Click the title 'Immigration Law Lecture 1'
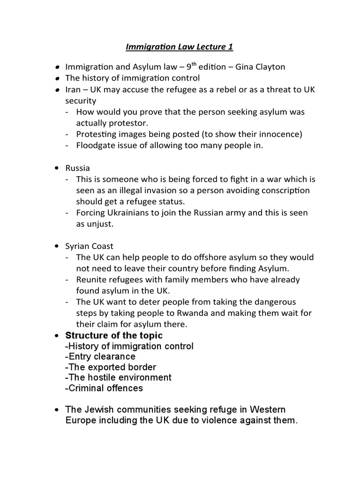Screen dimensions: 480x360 tap(180, 47)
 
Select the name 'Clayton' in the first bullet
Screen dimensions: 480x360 tap(268, 67)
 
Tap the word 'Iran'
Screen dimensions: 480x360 tap(73, 90)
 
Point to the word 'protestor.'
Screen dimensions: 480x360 tap(127, 123)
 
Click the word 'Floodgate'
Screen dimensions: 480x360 tap(95, 145)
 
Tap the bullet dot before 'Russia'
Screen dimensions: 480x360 tap(57, 168)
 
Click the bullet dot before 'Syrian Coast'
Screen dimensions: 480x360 tap(57, 246)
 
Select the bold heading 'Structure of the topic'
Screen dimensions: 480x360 tap(114, 335)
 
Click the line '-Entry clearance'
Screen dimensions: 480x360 tap(100, 357)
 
